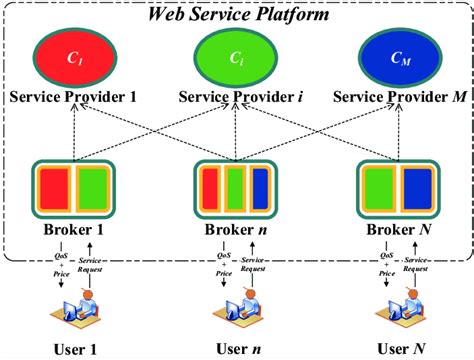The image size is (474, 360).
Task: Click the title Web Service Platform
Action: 237,14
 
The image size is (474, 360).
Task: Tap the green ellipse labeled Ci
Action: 237,59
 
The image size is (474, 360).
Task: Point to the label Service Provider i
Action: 237,98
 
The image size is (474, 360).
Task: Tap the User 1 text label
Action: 72,348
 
